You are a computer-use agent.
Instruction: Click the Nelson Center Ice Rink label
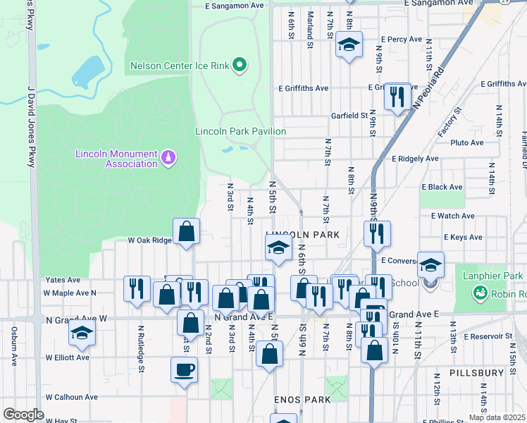pyautogui.click(x=180, y=66)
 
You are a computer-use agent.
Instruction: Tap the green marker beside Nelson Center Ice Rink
pyautogui.click(x=240, y=66)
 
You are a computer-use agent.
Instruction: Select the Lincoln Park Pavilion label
pyautogui.click(x=240, y=131)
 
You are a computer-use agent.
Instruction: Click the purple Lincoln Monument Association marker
pyautogui.click(x=168, y=156)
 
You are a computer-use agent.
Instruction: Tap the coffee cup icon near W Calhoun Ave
pyautogui.click(x=184, y=369)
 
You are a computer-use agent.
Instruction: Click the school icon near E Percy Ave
pyautogui.click(x=348, y=45)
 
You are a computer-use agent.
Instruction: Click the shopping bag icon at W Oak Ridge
pyautogui.click(x=186, y=231)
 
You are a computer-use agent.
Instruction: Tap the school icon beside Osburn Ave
pyautogui.click(x=82, y=333)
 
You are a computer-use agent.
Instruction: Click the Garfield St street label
pyautogui.click(x=350, y=115)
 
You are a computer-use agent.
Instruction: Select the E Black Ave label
pyautogui.click(x=442, y=187)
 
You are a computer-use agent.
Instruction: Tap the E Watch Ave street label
pyautogui.click(x=447, y=216)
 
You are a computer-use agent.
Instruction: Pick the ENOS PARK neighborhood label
pyautogui.click(x=302, y=400)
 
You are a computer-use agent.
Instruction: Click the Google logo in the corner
pyautogui.click(x=23, y=415)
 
